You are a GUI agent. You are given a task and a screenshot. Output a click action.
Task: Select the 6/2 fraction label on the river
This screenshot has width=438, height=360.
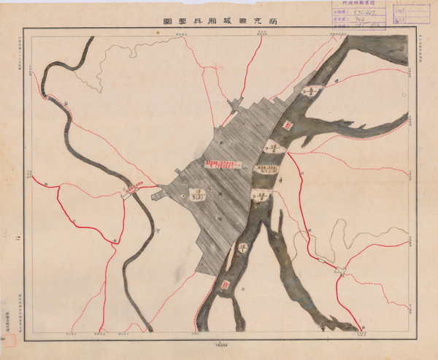click(309, 92)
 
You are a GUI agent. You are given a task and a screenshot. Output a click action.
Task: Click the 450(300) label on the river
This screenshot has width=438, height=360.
click(264, 169)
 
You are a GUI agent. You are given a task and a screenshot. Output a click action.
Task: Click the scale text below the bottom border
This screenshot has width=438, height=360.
click(219, 342)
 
